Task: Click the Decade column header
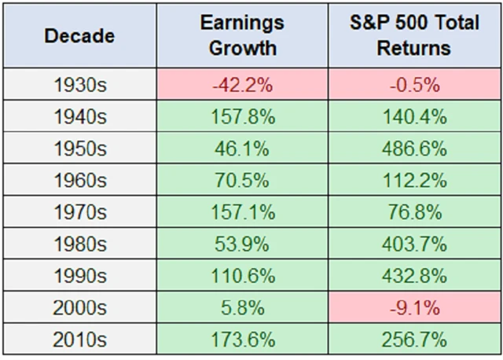pos(79,36)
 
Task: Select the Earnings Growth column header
pos(242,36)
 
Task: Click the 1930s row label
pos(79,85)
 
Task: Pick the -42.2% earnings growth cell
pos(242,85)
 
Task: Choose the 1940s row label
pos(79,117)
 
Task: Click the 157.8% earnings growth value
pos(242,117)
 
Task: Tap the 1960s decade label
pos(79,181)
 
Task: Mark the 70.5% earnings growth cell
pos(242,181)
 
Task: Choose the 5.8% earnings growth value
pos(242,309)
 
